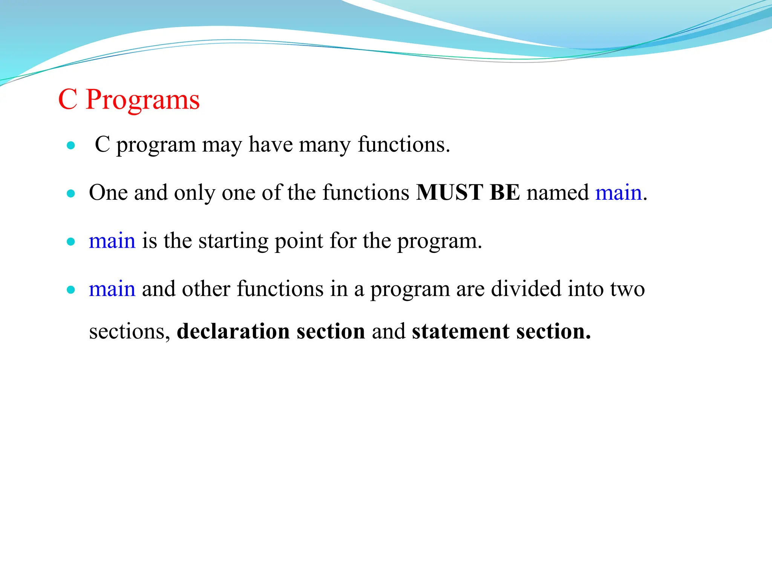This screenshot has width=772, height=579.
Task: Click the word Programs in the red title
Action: pyautogui.click(x=143, y=100)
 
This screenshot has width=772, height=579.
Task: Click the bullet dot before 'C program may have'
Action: pyautogui.click(x=70, y=146)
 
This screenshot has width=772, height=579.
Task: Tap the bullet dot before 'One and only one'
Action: pyautogui.click(x=70, y=194)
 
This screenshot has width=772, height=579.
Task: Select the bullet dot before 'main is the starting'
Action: pyautogui.click(x=70, y=242)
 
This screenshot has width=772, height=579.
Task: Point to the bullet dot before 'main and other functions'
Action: pyautogui.click(x=70, y=290)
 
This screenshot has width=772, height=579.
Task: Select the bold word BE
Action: pyautogui.click(x=505, y=193)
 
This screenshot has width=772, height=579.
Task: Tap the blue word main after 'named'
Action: pyautogui.click(x=618, y=193)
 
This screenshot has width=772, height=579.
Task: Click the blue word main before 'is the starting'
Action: pyautogui.click(x=112, y=241)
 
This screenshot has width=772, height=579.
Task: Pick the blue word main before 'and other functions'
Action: pyautogui.click(x=112, y=289)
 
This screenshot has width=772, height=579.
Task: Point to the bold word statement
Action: pyautogui.click(x=461, y=331)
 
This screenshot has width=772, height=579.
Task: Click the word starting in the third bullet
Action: pyautogui.click(x=233, y=242)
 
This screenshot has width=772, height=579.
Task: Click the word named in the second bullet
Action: pyautogui.click(x=558, y=193)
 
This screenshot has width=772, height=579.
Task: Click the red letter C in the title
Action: pyautogui.click(x=68, y=100)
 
